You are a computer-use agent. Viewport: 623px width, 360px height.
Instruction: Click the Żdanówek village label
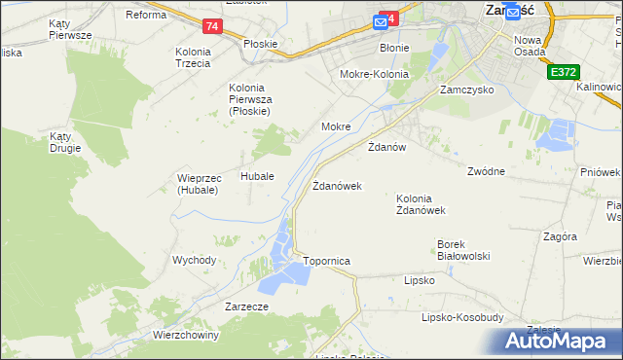coord(337,185)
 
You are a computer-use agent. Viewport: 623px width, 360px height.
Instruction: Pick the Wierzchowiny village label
coord(186,334)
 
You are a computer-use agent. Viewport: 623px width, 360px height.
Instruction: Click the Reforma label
coord(147,15)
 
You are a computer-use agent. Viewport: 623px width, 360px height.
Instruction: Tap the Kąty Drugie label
coord(66,142)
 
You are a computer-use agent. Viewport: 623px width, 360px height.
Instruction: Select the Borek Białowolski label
coord(463,249)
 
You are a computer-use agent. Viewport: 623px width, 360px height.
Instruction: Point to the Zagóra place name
coord(561,236)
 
